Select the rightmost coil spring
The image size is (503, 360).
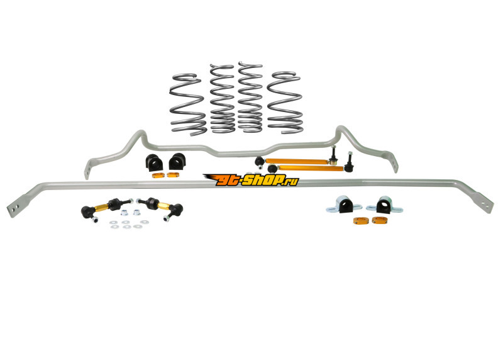tap(285, 102)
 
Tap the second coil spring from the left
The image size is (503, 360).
tap(223, 98)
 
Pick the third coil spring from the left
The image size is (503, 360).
tap(250, 96)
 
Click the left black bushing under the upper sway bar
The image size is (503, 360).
tap(154, 162)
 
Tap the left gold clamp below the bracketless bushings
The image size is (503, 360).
tap(158, 176)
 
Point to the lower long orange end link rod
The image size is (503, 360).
tap(310, 167)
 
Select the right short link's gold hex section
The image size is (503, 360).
tap(163, 206)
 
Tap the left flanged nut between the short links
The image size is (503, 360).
tap(124, 212)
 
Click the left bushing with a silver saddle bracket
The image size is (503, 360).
tap(344, 205)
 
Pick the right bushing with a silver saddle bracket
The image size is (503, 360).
tap(384, 205)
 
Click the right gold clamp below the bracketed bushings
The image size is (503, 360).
tap(380, 220)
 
